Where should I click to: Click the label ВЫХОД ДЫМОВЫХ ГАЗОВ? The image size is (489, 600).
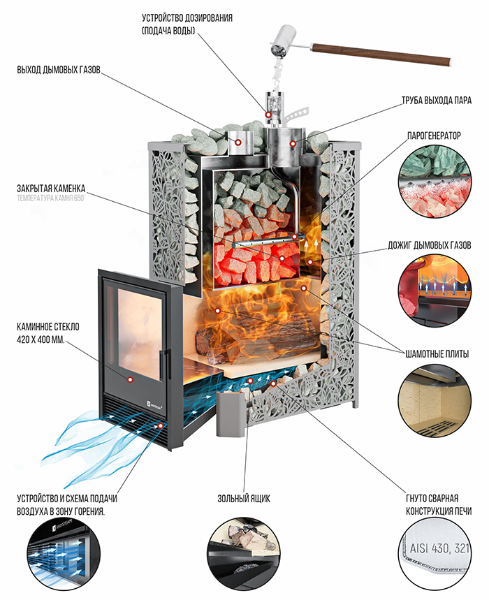(x=59, y=70)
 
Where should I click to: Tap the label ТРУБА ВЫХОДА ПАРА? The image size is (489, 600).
(x=436, y=101)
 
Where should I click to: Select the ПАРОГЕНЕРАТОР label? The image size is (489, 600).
(x=434, y=136)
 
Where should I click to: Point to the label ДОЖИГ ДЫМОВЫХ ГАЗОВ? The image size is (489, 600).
(x=430, y=245)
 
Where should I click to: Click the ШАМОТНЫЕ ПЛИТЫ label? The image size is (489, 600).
(x=437, y=354)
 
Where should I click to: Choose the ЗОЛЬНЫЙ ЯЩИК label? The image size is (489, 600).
(x=244, y=499)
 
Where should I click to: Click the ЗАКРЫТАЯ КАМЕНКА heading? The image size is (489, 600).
(x=51, y=189)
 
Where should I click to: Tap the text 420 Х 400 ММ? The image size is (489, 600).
(x=41, y=339)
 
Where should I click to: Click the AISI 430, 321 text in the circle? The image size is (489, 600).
(x=439, y=548)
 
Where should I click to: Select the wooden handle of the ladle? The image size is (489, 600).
(x=381, y=54)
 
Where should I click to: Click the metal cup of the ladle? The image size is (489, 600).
(x=282, y=41)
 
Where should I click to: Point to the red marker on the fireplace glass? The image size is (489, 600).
(x=130, y=379)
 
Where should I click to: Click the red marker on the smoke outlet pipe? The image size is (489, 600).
(x=238, y=142)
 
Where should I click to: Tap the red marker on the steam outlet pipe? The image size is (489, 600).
(x=293, y=143)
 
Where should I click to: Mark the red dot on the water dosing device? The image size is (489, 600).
(x=269, y=114)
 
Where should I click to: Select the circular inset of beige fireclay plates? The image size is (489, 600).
(x=435, y=402)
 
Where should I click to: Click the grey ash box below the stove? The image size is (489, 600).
(x=231, y=414)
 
